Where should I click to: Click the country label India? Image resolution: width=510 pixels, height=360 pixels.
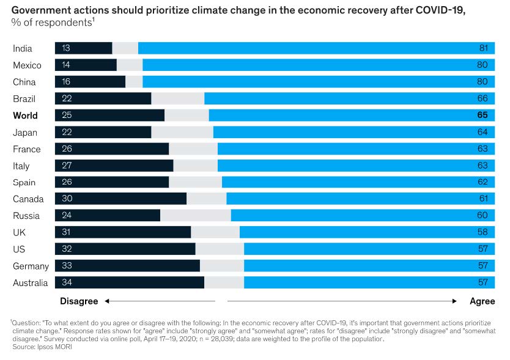(x=23, y=49)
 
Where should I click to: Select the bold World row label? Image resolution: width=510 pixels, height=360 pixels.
(x=25, y=116)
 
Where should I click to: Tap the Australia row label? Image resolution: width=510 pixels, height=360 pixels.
(x=31, y=283)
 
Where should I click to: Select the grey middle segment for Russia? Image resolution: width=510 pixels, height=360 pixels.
(x=195, y=216)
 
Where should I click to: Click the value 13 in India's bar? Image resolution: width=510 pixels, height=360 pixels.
(x=66, y=49)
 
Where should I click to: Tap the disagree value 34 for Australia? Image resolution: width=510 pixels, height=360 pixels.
(x=67, y=283)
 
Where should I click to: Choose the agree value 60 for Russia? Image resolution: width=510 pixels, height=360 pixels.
(x=482, y=216)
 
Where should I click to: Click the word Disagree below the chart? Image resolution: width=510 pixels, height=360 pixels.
(x=79, y=301)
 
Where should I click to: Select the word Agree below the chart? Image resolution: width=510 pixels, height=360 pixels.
(x=482, y=301)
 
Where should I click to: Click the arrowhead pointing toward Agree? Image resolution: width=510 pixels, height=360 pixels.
(x=454, y=301)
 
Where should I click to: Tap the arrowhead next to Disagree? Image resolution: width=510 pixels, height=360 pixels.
(x=106, y=301)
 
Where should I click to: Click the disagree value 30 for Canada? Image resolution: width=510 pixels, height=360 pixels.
(x=67, y=199)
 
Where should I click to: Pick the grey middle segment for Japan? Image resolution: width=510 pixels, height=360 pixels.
(x=182, y=133)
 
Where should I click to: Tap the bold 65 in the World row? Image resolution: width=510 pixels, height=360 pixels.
(x=482, y=116)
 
